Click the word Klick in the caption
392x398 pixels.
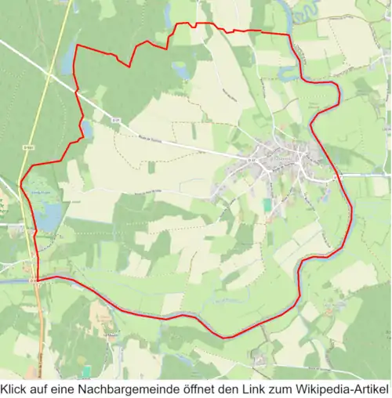pos(15,389)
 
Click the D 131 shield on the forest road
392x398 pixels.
pos(115,120)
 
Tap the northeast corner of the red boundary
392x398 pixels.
pos(288,34)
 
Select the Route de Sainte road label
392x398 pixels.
pos(153,137)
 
